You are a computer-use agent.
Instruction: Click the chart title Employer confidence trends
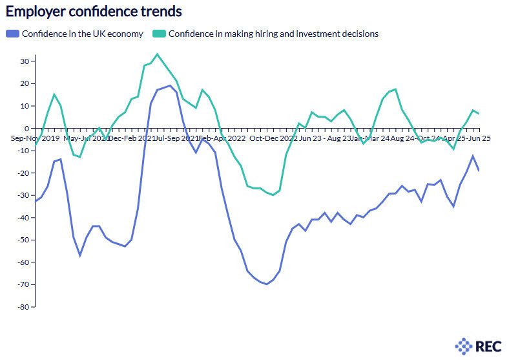(94, 12)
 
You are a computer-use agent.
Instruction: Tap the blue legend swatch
(13, 34)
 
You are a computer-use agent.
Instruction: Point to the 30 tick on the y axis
(25, 61)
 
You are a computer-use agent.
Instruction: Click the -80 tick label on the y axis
(23, 307)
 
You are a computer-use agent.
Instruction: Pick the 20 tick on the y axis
(25, 83)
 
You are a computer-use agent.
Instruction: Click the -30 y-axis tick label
(23, 195)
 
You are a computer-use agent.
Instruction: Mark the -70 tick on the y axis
(23, 284)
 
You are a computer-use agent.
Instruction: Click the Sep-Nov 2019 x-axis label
(35, 138)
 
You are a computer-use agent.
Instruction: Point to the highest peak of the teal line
(157, 54)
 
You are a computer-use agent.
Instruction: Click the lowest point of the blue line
(266, 284)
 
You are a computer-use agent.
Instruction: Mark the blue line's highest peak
(170, 85)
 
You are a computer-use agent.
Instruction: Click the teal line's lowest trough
(273, 195)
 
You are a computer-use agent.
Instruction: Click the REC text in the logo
(488, 346)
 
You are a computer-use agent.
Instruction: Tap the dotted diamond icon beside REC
(464, 346)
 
